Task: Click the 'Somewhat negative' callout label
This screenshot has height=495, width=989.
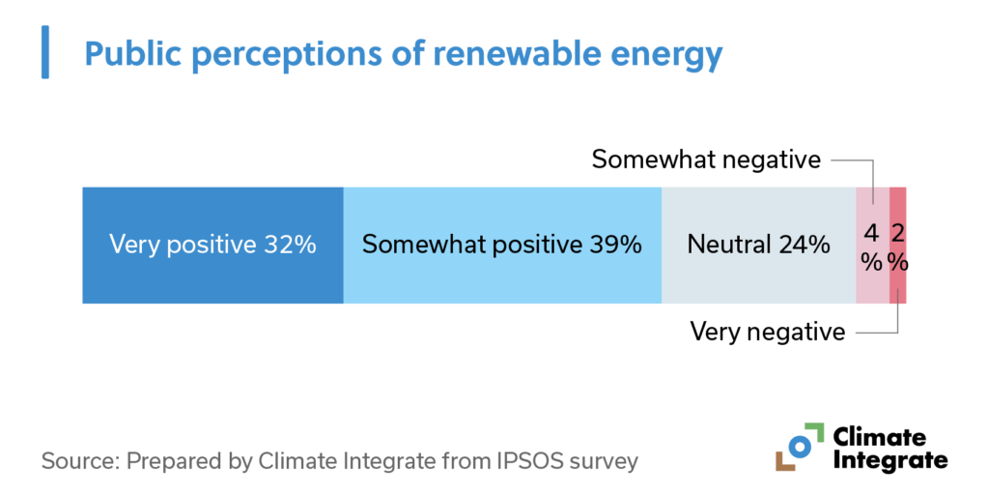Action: [706, 160]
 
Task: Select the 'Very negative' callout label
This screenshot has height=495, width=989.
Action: [767, 333]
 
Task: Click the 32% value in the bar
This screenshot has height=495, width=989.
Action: [290, 245]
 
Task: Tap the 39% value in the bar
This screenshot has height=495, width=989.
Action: [615, 245]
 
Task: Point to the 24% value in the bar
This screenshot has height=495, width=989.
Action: [805, 245]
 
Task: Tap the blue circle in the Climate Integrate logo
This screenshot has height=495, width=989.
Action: [799, 447]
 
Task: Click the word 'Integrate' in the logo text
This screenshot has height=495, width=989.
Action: [890, 459]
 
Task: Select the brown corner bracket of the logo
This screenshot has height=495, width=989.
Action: [783, 463]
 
